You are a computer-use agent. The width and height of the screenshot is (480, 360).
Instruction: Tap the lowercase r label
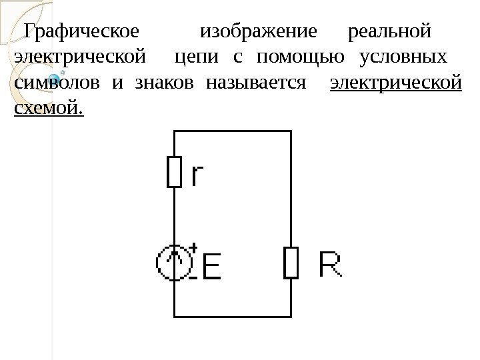pyautogui.click(x=198, y=175)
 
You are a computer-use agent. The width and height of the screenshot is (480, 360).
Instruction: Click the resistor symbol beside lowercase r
pyautogui.click(x=173, y=172)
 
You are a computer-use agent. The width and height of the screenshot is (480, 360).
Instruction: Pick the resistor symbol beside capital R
pyautogui.click(x=291, y=262)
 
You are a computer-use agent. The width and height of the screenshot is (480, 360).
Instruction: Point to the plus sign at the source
pyautogui.click(x=193, y=248)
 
